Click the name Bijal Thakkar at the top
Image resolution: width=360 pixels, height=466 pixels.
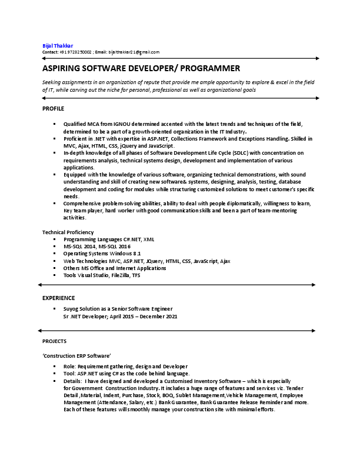(x=58, y=45)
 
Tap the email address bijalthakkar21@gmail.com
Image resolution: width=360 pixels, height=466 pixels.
(x=135, y=52)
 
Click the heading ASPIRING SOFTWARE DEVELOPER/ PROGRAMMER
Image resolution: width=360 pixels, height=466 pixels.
(x=141, y=69)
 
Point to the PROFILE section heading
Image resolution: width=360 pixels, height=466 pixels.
(x=53, y=109)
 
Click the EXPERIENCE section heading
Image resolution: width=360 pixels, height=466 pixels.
(x=58, y=298)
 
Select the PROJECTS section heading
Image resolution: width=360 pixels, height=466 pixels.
(x=54, y=341)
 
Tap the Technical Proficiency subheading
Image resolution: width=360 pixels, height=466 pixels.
(x=68, y=232)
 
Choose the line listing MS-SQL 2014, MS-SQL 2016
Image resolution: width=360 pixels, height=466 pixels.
(x=97, y=247)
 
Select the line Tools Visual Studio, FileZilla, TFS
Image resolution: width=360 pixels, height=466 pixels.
(x=102, y=275)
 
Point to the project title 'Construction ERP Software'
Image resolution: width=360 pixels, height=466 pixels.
(x=76, y=356)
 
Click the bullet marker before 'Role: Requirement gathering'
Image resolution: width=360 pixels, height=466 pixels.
(x=54, y=367)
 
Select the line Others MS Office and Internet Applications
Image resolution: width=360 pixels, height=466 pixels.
(x=115, y=268)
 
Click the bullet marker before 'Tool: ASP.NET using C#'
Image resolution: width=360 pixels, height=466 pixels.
(x=54, y=374)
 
